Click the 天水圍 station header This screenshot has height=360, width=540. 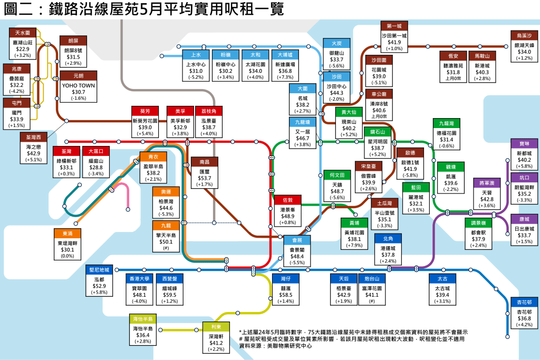(24, 33)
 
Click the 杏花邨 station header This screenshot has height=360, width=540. (525, 303)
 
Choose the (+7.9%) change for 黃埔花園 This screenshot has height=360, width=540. (354, 245)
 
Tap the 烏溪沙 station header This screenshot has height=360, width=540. (524, 35)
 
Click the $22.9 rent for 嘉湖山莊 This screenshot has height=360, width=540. (23, 48)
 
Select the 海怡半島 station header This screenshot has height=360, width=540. (143, 319)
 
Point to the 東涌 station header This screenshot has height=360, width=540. (67, 233)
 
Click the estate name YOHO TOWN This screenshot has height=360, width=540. (79, 85)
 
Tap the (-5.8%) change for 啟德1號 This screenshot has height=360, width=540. (410, 175)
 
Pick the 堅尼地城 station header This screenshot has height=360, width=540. (100, 270)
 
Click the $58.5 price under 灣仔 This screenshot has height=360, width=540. (286, 295)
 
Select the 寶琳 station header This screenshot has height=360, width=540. (524, 143)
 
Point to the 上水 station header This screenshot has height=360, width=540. (196, 54)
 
